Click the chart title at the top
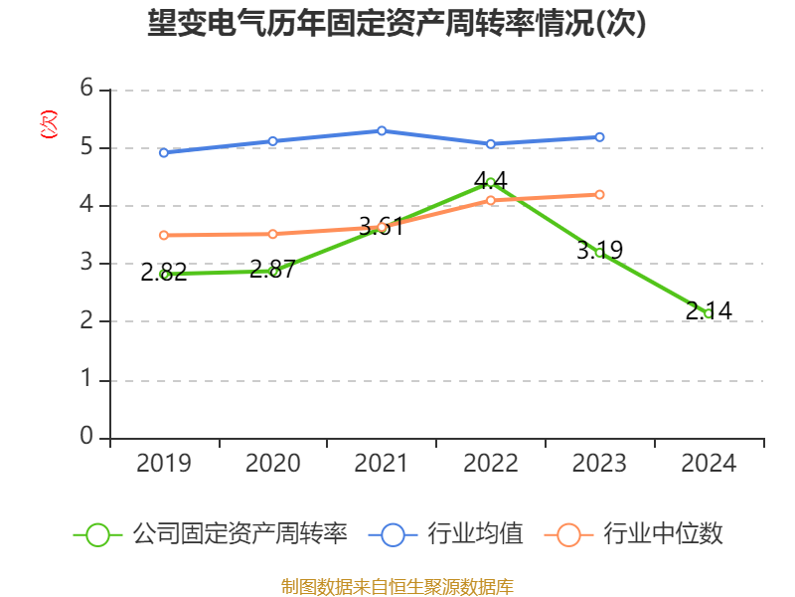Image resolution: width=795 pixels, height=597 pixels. pyautogui.click(x=397, y=24)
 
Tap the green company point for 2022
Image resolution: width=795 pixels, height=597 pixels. pyautogui.click(x=490, y=182)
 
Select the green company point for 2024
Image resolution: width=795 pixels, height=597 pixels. pyautogui.click(x=708, y=313)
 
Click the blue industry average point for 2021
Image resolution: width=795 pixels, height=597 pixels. pyautogui.click(x=382, y=130)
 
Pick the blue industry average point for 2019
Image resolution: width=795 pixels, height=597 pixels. pyautogui.click(x=163, y=152)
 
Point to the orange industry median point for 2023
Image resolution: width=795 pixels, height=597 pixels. pyautogui.click(x=599, y=194)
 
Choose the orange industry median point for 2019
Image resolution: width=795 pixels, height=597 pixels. pyautogui.click(x=163, y=235)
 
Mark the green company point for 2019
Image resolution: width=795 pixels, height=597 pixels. pyautogui.click(x=165, y=274)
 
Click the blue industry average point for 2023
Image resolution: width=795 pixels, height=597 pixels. pyautogui.click(x=599, y=137)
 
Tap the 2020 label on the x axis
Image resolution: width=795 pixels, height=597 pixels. pyautogui.click(x=272, y=463)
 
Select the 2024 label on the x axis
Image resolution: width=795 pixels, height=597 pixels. pyautogui.click(x=709, y=463)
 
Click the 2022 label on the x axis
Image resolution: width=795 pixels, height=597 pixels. pyautogui.click(x=490, y=463)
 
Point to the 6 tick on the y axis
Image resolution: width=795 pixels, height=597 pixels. pyautogui.click(x=86, y=90)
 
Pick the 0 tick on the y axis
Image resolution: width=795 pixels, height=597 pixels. pyautogui.click(x=86, y=437)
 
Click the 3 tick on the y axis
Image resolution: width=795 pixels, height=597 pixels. pyautogui.click(x=86, y=264)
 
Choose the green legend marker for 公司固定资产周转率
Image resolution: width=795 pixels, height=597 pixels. pyautogui.click(x=97, y=534)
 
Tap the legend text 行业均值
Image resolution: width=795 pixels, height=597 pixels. pyautogui.click(x=475, y=534)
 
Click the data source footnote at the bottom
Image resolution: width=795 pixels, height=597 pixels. pyautogui.click(x=397, y=586)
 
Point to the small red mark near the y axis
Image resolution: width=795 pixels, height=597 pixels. pyautogui.click(x=48, y=124)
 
